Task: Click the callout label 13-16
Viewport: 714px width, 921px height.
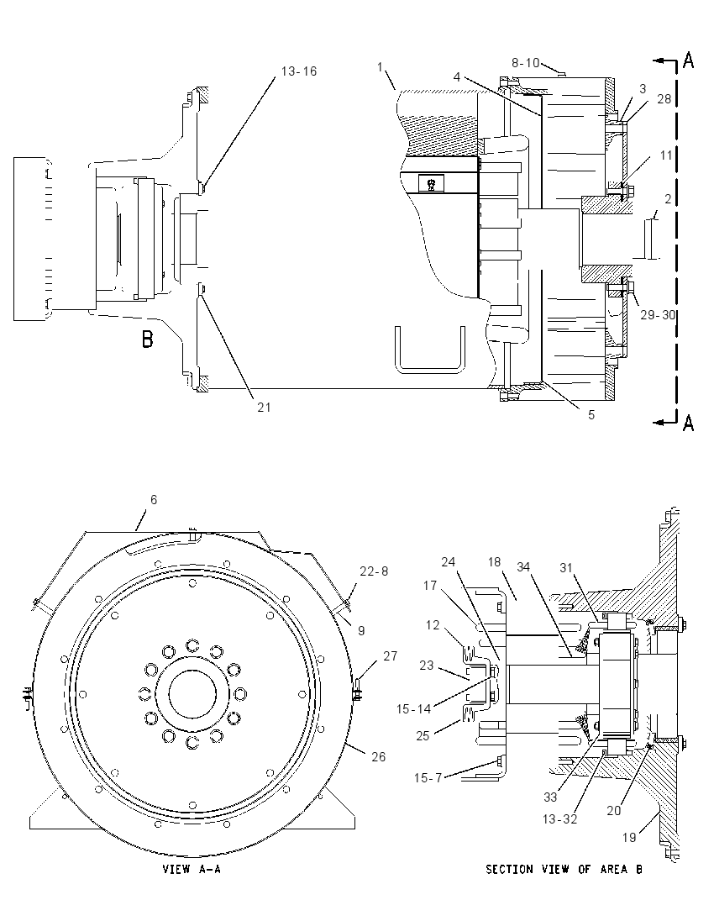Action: [299, 71]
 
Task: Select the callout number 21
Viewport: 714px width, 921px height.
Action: [265, 407]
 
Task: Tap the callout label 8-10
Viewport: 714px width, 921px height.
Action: [526, 62]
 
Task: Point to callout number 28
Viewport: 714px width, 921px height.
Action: [664, 98]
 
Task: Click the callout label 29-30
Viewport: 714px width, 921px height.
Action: [658, 315]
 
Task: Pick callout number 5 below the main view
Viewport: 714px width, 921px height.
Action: [591, 414]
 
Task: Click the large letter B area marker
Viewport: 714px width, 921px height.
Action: [147, 339]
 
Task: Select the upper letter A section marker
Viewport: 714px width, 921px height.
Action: [688, 60]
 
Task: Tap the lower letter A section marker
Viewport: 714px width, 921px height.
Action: [688, 423]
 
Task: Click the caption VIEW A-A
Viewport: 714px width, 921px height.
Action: [192, 869]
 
